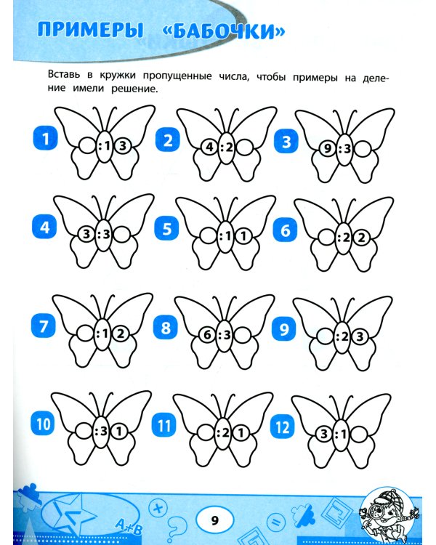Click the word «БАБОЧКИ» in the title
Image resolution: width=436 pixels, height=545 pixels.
[224, 31]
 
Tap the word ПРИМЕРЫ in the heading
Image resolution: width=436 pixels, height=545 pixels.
[90, 30]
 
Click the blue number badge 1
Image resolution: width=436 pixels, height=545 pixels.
[45, 139]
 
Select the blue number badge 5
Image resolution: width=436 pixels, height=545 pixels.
[167, 229]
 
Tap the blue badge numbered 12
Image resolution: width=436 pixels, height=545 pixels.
[283, 427]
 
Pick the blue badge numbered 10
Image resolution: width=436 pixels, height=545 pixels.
[43, 424]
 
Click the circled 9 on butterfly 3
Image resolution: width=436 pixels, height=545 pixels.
[328, 149]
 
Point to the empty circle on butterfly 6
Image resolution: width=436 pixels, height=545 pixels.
[327, 238]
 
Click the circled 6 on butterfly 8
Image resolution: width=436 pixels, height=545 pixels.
[207, 335]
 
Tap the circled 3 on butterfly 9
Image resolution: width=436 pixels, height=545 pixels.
[360, 336]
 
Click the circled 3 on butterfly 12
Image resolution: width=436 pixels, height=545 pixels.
[324, 434]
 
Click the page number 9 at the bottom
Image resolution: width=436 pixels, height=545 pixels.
[214, 520]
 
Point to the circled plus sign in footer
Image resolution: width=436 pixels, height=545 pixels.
[158, 508]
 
